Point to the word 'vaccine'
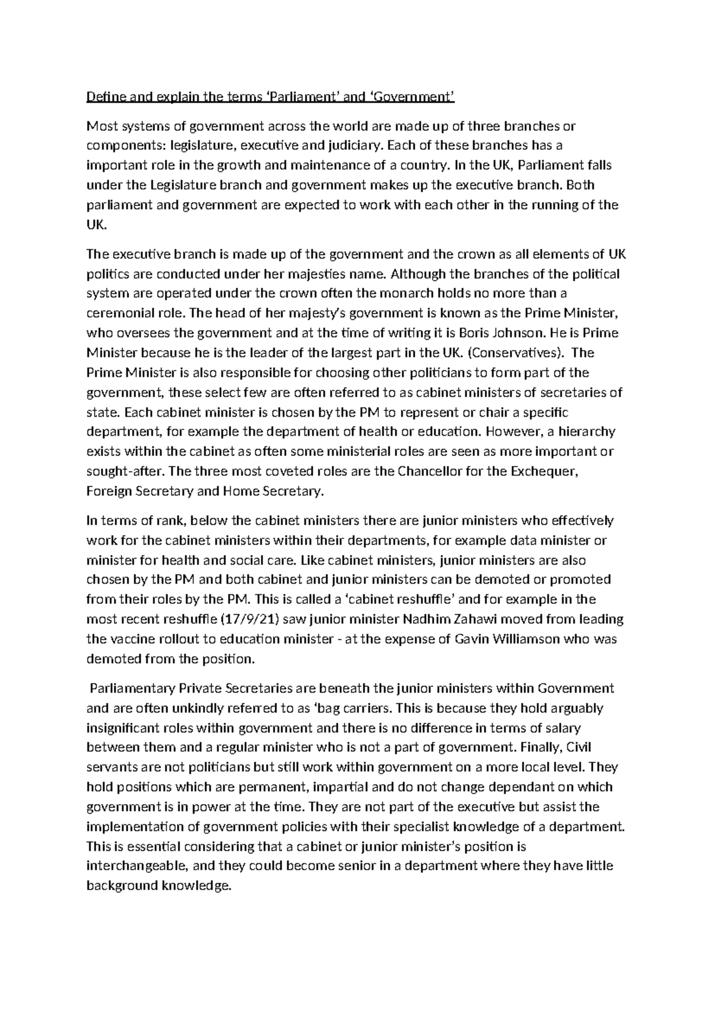(131, 639)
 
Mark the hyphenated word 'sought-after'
(125, 472)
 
